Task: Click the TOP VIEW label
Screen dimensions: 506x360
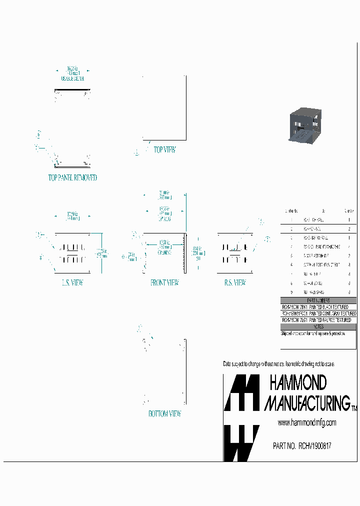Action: tap(164, 149)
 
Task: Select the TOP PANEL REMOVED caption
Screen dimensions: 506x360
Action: tap(72, 177)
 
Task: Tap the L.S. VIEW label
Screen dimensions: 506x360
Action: tap(72, 282)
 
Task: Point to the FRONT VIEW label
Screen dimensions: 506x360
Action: tap(164, 282)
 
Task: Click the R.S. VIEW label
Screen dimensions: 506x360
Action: tap(235, 282)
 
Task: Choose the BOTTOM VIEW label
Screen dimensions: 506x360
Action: tap(164, 413)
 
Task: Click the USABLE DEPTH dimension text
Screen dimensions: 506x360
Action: tap(72, 78)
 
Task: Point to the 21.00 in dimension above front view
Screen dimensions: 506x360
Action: tap(164, 192)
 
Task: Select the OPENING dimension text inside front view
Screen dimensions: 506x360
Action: tap(164, 252)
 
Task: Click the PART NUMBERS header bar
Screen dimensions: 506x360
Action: tap(319, 300)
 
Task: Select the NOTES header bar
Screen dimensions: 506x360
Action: tap(319, 326)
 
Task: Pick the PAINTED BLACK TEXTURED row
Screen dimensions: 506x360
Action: tap(319, 307)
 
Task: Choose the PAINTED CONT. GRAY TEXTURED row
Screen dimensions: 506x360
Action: tap(319, 313)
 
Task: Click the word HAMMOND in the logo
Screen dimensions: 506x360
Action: tap(298, 383)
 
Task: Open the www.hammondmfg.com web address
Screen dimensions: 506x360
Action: tap(306, 423)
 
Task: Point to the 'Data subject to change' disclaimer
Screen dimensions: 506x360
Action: tap(278, 363)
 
